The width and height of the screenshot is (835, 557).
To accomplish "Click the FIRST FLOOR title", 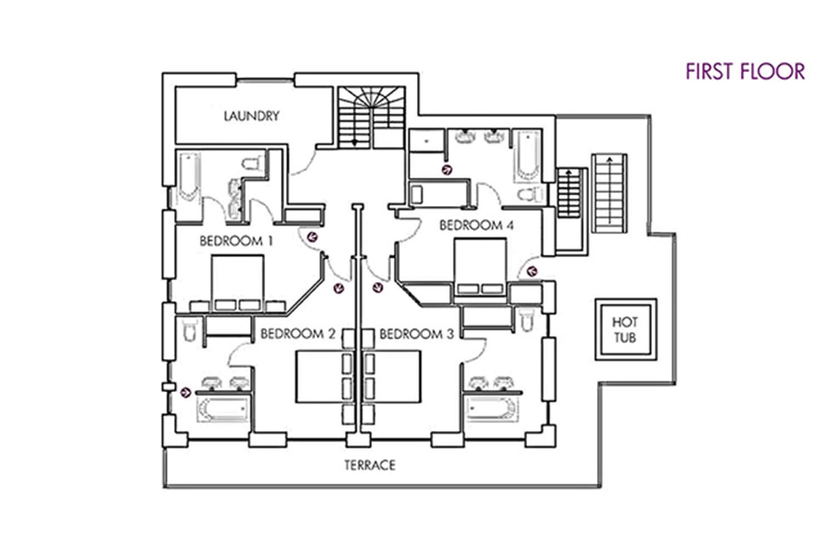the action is (x=745, y=71).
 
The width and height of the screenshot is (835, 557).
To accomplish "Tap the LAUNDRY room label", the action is (x=252, y=116).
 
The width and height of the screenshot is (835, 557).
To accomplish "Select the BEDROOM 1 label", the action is (x=237, y=241).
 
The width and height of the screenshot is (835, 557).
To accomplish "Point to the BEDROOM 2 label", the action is (x=298, y=334).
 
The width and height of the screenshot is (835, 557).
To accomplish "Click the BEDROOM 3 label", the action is (x=417, y=334).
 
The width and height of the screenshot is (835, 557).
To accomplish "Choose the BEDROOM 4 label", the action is (x=477, y=226).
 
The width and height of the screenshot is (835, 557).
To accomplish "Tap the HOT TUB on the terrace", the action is (x=626, y=329).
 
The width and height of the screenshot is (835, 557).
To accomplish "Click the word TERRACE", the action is (x=370, y=465).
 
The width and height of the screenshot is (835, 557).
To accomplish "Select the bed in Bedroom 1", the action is (x=238, y=283).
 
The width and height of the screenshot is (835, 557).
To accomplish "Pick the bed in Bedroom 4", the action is (x=480, y=267).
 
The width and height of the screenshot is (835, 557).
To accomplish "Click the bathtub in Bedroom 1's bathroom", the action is (x=190, y=177).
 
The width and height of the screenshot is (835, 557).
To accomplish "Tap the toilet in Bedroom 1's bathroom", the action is (x=253, y=163).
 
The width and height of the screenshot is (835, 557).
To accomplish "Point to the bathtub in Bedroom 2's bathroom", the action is (x=223, y=409).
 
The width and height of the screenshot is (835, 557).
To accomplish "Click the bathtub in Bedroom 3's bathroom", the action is (x=492, y=409).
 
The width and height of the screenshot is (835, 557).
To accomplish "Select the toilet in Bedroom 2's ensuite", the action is (x=189, y=329).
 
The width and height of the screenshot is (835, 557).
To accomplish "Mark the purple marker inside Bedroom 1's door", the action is (x=312, y=237).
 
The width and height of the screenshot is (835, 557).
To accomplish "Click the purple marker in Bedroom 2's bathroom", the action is (x=185, y=392).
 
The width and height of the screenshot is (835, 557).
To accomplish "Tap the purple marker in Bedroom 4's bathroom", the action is (x=447, y=170).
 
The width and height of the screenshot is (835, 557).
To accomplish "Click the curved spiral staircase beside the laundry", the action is (x=372, y=118).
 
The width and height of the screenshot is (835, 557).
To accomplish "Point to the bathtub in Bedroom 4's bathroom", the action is (x=527, y=156).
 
